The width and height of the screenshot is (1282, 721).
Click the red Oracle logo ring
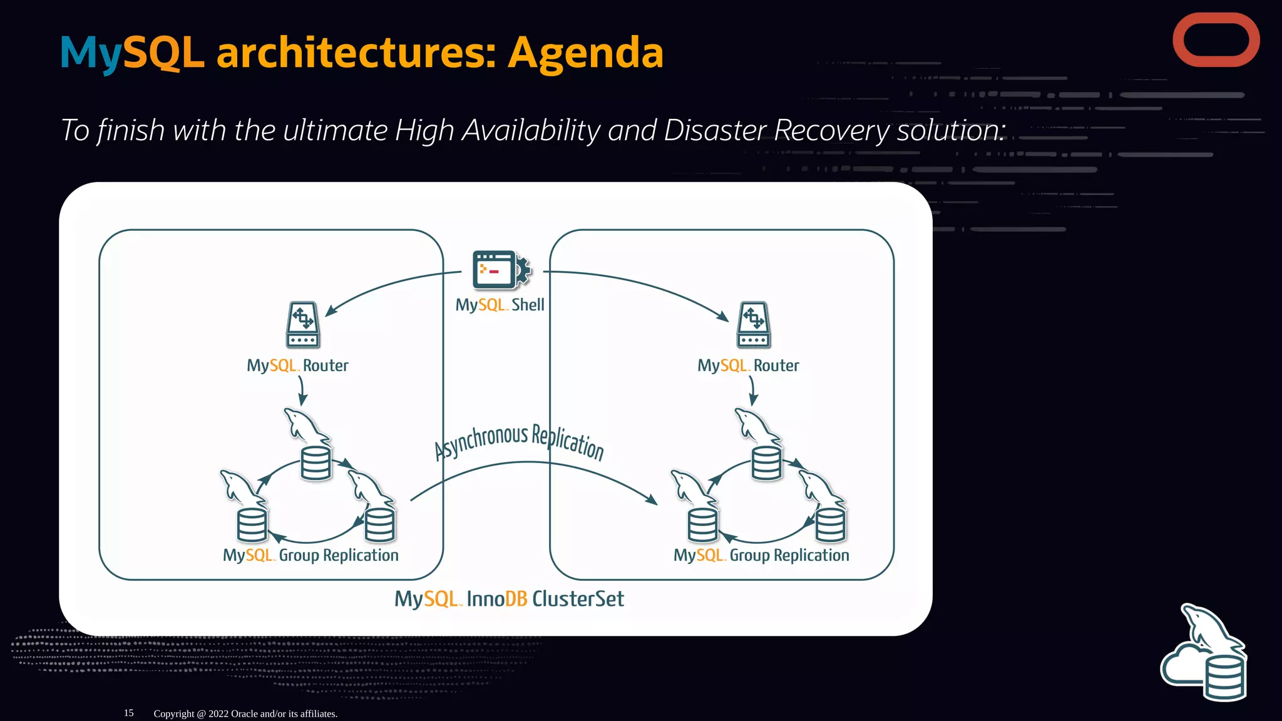click(x=1216, y=19)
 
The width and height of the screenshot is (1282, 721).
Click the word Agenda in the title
click(x=585, y=53)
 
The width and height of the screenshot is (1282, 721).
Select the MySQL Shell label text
click(x=500, y=305)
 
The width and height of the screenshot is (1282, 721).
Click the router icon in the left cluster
click(x=303, y=324)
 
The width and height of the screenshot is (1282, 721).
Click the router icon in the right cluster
click(x=754, y=324)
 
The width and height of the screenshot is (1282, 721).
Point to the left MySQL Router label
click(x=297, y=366)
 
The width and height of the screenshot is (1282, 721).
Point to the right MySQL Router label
click(x=748, y=366)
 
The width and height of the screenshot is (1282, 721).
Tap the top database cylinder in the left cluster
click(x=315, y=463)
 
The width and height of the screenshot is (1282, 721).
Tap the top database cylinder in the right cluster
click(x=766, y=463)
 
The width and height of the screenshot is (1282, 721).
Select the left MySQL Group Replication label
click(x=310, y=555)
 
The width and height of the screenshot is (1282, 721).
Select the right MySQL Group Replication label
click(x=761, y=555)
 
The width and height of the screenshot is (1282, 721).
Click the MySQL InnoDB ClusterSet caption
click(x=509, y=599)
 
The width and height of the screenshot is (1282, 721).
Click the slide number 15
click(x=128, y=713)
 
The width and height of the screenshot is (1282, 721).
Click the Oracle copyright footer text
click(x=245, y=713)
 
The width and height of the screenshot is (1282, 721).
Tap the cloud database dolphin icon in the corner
click(x=1205, y=655)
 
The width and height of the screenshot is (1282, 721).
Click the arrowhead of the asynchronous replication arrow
click(x=652, y=500)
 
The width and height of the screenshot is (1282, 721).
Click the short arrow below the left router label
click(x=302, y=391)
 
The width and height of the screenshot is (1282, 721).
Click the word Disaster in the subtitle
click(x=714, y=130)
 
